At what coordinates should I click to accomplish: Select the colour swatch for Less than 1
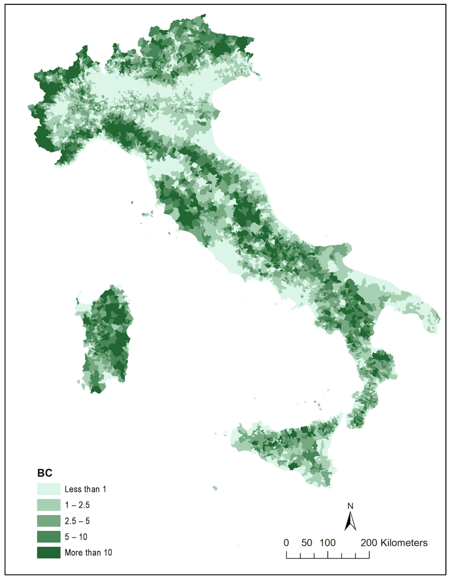point(49,489)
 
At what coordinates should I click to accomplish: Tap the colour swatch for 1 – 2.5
point(49,505)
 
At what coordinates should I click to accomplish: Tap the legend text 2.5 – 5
point(77,521)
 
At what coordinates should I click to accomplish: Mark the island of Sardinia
point(106,338)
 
